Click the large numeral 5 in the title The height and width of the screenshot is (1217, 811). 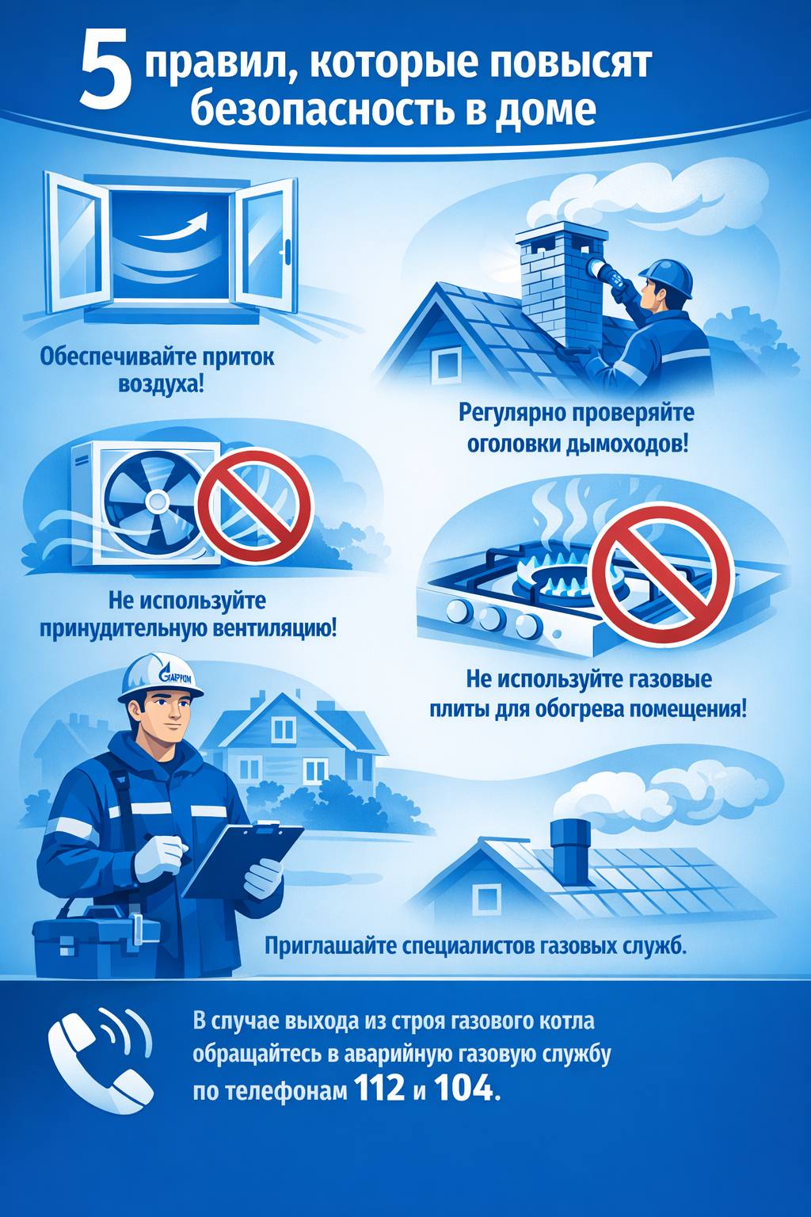[x=106, y=73]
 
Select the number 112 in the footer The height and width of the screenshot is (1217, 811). [x=379, y=1089]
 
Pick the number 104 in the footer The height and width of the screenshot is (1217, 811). [x=464, y=1089]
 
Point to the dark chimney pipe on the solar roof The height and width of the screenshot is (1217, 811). [x=569, y=853]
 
